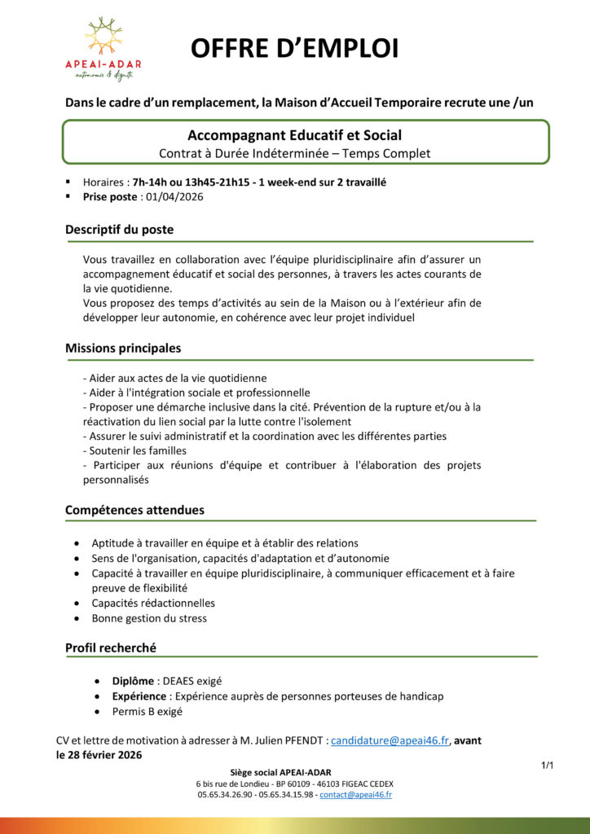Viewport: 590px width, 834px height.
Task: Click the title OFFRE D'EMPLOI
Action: pos(294,49)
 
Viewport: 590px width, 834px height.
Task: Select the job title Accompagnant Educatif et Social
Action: pos(294,135)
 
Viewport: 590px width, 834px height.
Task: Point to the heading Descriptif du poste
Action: pos(119,230)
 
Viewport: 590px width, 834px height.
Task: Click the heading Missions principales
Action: pos(123,348)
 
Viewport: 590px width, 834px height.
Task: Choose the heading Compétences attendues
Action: pos(134,510)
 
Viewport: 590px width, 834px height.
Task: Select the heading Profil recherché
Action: pos(111,647)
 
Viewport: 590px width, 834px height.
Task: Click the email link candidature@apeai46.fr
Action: pos(390,740)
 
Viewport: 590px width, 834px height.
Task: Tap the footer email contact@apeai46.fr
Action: pos(355,794)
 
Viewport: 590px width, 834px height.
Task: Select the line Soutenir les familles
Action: pos(134,450)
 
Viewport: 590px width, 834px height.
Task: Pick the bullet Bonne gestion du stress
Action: pos(149,618)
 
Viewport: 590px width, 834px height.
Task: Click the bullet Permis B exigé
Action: pos(147,711)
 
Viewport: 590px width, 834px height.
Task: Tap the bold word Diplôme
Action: pos(134,681)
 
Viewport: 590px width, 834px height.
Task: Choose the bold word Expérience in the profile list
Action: pos(139,696)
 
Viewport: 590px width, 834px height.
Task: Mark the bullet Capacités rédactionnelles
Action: pos(153,603)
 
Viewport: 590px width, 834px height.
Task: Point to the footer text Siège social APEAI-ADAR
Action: pos(281,772)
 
